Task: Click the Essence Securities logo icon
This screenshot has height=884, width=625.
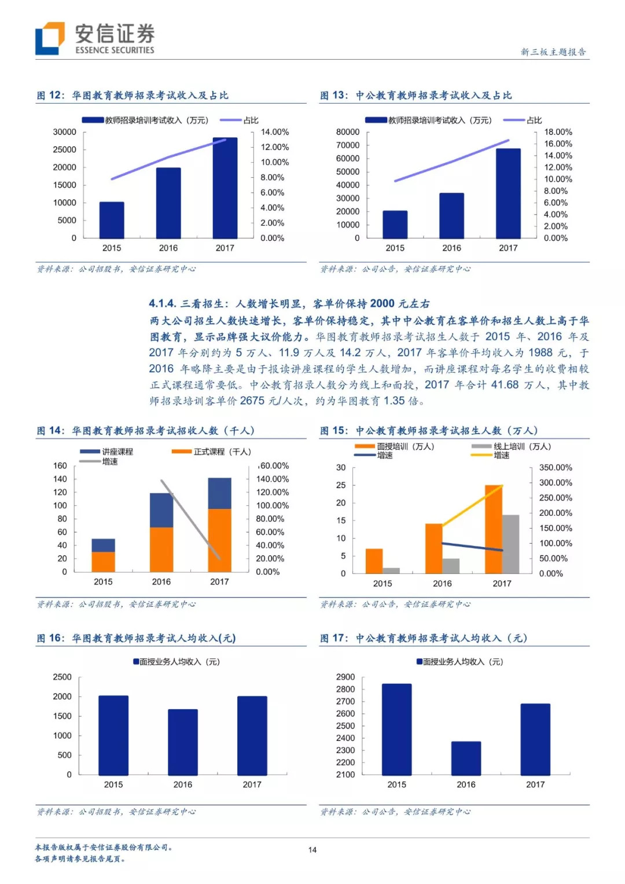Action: [x=50, y=38]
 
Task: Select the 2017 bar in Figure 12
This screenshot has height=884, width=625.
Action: [x=225, y=188]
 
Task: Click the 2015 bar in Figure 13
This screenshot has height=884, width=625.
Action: [x=395, y=225]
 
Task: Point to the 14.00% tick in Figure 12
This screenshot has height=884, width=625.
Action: [x=274, y=132]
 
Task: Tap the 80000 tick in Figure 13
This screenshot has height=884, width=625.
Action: [x=347, y=132]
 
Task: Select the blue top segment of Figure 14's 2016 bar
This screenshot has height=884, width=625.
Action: [x=161, y=510]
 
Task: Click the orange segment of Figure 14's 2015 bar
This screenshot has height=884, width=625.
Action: [x=103, y=562]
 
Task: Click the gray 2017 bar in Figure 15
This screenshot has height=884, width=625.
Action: [x=510, y=544]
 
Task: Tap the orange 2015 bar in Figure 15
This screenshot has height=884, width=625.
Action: [x=374, y=561]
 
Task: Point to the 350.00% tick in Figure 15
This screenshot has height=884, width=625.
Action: [x=556, y=467]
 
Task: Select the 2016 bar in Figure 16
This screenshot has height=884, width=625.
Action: [x=183, y=742]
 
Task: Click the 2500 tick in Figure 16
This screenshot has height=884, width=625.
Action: [x=62, y=677]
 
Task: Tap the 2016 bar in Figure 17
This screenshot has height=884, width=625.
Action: [x=466, y=758]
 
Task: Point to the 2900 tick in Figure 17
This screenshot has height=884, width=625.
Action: [x=345, y=677]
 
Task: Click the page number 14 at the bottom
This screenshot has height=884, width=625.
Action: [x=312, y=850]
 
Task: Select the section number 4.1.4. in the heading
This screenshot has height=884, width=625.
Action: [x=162, y=304]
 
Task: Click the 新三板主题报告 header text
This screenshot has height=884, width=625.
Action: [x=553, y=52]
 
